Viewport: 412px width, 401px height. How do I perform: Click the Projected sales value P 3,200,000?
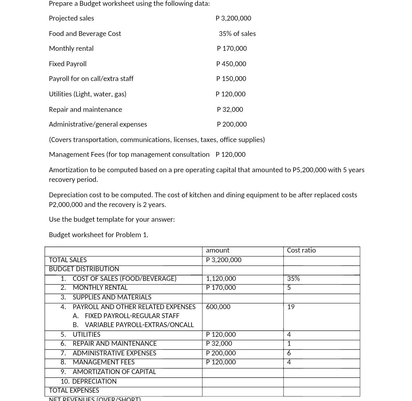[x=233, y=18]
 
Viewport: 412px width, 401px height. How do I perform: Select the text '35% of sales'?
[x=237, y=34]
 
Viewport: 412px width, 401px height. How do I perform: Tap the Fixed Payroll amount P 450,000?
[x=231, y=64]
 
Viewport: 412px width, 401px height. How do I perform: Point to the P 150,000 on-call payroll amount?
[x=231, y=79]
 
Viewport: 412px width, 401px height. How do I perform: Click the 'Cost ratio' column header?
[x=301, y=250]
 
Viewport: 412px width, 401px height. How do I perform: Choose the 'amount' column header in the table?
[x=218, y=250]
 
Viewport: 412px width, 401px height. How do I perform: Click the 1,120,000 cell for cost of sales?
[x=221, y=279]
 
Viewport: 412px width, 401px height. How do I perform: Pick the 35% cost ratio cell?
[x=293, y=279]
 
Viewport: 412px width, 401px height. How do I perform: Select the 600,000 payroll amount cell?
[x=218, y=307]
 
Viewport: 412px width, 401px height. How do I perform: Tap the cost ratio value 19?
[x=291, y=307]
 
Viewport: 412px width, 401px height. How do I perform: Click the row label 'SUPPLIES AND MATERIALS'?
[x=112, y=297]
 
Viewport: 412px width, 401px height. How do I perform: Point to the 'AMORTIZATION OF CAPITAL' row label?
[x=114, y=372]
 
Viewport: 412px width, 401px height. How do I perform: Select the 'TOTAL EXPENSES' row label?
[x=74, y=390]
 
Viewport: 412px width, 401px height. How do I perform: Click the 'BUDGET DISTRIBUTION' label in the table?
[x=84, y=269]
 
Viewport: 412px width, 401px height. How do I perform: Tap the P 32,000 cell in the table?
[x=219, y=343]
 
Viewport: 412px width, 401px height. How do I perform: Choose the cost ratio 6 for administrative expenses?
[x=289, y=353]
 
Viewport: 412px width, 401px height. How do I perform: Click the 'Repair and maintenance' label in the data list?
[x=85, y=110]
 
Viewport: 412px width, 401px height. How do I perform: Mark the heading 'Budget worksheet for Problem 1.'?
[x=98, y=235]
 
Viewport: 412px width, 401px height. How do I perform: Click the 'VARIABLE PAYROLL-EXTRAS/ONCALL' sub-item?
[x=139, y=325]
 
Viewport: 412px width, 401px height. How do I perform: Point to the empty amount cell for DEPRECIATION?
[x=242, y=381]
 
